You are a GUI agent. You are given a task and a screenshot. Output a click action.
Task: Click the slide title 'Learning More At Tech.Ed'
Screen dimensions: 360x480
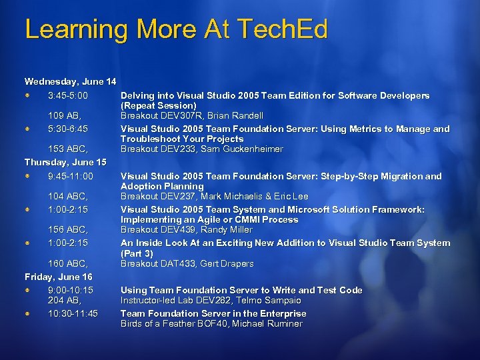[176, 29]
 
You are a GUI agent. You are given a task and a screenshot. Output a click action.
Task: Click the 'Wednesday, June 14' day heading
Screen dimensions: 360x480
[70, 81]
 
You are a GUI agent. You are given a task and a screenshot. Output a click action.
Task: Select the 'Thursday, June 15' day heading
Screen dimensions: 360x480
[65, 162]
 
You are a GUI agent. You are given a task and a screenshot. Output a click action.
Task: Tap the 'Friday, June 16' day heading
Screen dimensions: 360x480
[59, 276]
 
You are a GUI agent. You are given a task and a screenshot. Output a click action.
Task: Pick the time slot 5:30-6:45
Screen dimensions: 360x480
[68, 129]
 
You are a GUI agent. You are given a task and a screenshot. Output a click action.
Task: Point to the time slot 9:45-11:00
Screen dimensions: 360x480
[71, 176]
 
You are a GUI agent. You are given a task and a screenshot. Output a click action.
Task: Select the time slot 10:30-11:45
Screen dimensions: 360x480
[73, 313]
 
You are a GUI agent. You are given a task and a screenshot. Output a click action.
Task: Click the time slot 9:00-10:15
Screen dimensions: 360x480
[71, 290]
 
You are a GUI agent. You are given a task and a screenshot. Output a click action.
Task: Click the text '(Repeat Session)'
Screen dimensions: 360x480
[159, 106]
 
